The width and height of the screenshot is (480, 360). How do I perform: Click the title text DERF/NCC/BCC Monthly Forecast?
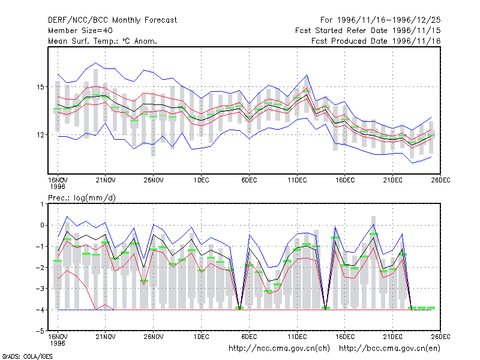pyautogui.click(x=112, y=20)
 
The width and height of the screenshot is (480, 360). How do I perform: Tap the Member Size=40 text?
pyautogui.click(x=80, y=31)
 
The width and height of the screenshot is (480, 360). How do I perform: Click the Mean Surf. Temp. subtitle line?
pyautogui.click(x=103, y=41)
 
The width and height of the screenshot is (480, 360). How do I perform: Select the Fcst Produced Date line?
pyautogui.click(x=376, y=41)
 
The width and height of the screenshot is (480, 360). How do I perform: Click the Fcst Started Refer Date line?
pyautogui.click(x=368, y=31)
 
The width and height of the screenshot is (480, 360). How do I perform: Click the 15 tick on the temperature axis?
pyautogui.click(x=40, y=87)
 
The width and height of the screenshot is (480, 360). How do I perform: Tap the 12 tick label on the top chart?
pyautogui.click(x=40, y=134)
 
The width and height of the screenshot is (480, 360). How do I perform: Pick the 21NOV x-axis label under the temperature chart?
pyautogui.click(x=106, y=180)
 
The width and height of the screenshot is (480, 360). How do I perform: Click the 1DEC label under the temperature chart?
pyautogui.click(x=202, y=180)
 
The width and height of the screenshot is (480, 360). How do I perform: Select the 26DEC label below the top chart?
pyautogui.click(x=440, y=180)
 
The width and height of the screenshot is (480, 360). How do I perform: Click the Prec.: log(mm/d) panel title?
pyautogui.click(x=82, y=198)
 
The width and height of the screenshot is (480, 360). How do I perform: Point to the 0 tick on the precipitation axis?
pyautogui.click(x=42, y=226)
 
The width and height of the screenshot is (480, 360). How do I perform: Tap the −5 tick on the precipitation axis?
pyautogui.click(x=40, y=331)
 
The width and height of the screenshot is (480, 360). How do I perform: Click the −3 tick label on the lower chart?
pyautogui.click(x=40, y=289)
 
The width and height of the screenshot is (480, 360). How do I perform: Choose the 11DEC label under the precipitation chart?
pyautogui.click(x=297, y=337)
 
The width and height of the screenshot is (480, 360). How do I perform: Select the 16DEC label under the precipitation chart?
pyautogui.click(x=345, y=337)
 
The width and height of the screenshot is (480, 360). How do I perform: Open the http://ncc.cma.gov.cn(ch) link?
pyautogui.click(x=279, y=349)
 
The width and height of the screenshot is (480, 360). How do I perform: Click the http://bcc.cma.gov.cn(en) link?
pyautogui.click(x=389, y=349)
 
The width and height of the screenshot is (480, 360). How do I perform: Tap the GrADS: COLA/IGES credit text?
pyautogui.click(x=27, y=356)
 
